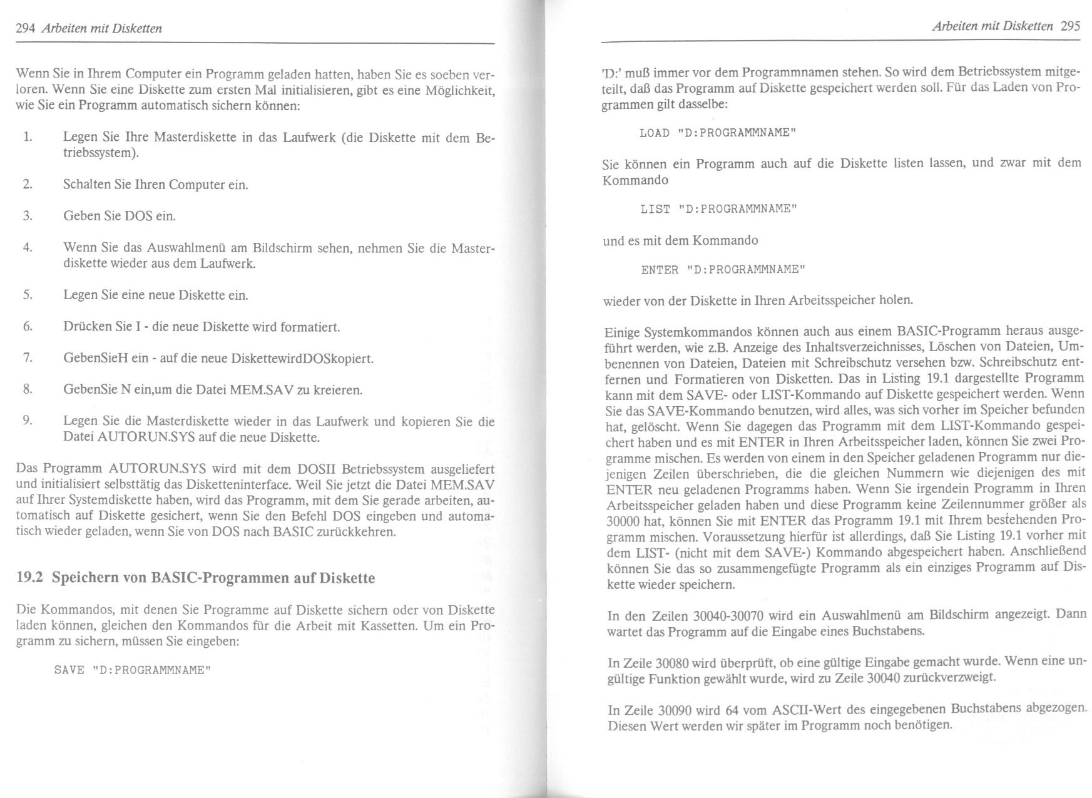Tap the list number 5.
tap(27, 295)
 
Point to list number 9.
tap(27, 420)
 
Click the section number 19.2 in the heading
tap(29, 578)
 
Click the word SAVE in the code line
tap(69, 670)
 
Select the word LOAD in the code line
tap(655, 133)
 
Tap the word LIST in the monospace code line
tap(655, 210)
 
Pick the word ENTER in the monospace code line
tap(660, 270)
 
